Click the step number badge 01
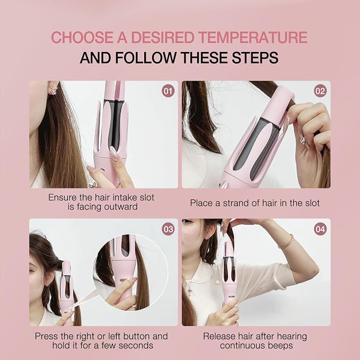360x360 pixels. click(x=168, y=91)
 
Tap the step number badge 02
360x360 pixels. click(x=320, y=91)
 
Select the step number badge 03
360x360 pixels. click(x=168, y=229)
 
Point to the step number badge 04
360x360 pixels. click(x=320, y=229)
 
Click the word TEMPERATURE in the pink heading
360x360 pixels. click(x=253, y=38)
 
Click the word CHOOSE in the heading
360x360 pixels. click(x=82, y=38)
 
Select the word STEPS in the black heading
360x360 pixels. click(x=255, y=57)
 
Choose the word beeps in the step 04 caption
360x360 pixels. click(x=280, y=346)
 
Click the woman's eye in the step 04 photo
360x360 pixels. click(x=188, y=221)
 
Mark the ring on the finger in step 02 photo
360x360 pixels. click(x=303, y=140)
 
